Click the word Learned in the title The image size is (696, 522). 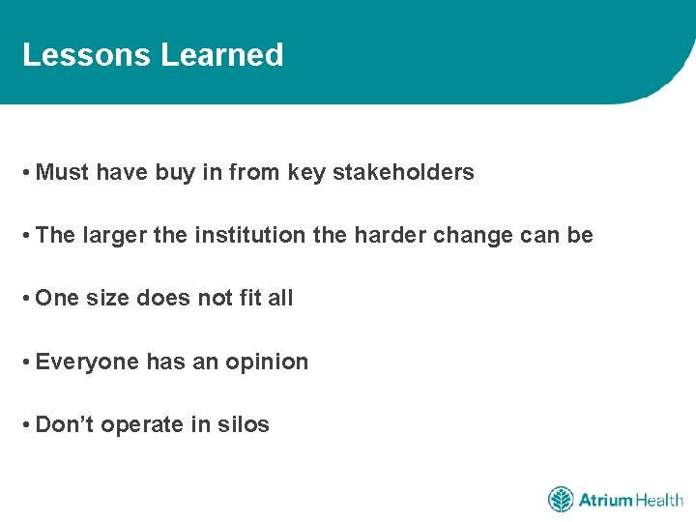pyautogui.click(x=222, y=55)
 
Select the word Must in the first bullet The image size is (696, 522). pyautogui.click(x=62, y=173)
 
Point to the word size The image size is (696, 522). pyautogui.click(x=107, y=299)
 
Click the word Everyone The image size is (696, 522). pyautogui.click(x=87, y=362)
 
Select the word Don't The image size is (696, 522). pyautogui.click(x=64, y=424)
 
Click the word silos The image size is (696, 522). pyautogui.click(x=244, y=424)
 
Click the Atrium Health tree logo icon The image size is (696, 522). pyautogui.click(x=561, y=500)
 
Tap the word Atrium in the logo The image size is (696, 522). pyautogui.click(x=605, y=500)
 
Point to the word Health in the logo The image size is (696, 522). pyautogui.click(x=659, y=500)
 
